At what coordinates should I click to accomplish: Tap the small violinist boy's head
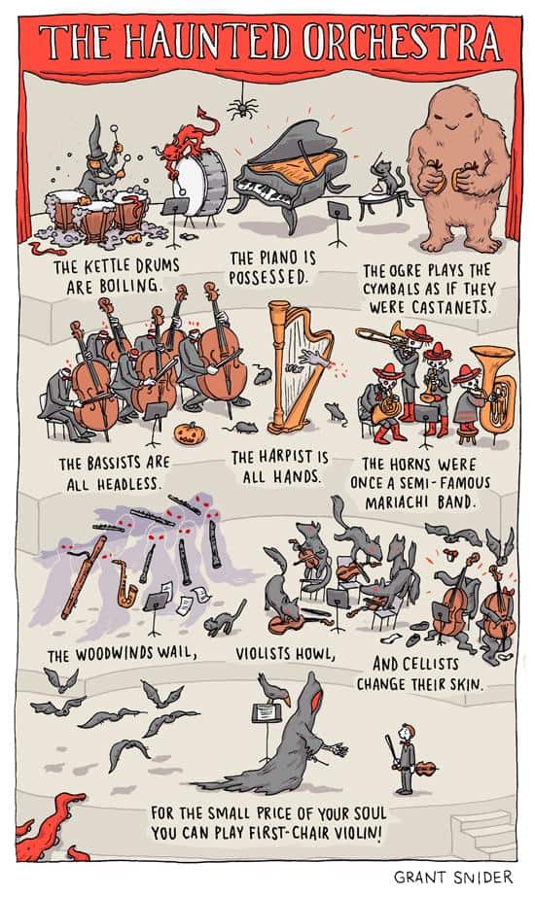[x=408, y=732]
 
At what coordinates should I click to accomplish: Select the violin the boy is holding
[x=425, y=769]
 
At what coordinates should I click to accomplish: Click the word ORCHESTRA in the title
[x=401, y=44]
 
